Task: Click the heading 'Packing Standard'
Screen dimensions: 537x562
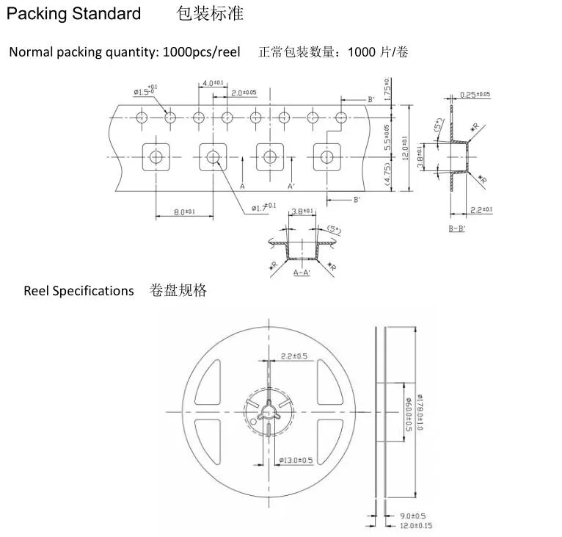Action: click(x=74, y=14)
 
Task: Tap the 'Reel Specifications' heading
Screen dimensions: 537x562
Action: click(x=79, y=291)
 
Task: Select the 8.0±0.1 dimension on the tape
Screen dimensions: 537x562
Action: click(x=183, y=212)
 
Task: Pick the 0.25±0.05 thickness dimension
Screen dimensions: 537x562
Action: click(x=475, y=95)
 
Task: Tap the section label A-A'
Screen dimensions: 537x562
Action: click(x=302, y=273)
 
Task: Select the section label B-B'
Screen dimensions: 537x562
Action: click(x=458, y=229)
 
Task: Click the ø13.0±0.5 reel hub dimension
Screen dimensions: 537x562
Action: click(x=296, y=461)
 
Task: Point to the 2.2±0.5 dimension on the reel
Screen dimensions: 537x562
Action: click(x=294, y=356)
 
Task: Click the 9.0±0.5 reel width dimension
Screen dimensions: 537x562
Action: click(x=412, y=516)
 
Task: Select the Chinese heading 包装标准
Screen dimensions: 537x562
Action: click(x=210, y=14)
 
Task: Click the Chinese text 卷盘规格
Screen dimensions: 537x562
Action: click(x=178, y=291)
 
